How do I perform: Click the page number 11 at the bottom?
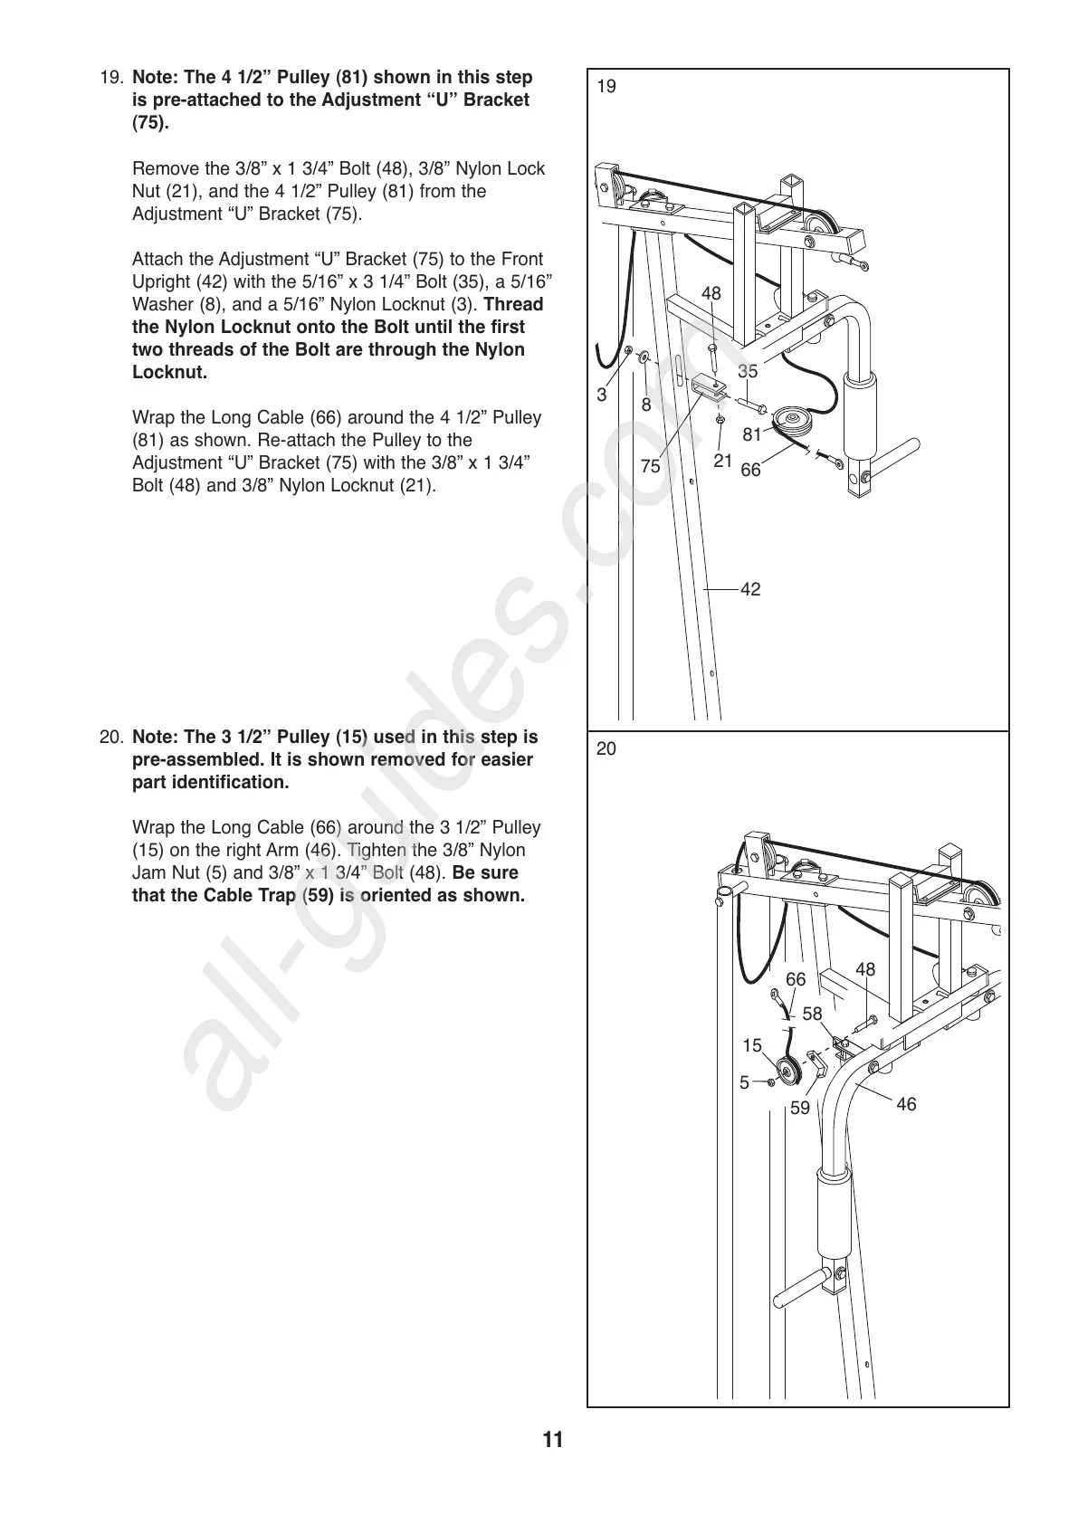click(x=553, y=1440)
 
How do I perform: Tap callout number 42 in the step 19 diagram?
click(x=750, y=589)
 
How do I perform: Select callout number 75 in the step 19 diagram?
click(x=650, y=466)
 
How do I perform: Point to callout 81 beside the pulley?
click(x=752, y=434)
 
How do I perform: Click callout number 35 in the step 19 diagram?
click(x=747, y=371)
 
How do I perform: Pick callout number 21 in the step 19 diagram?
click(x=722, y=460)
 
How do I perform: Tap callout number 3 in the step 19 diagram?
click(x=601, y=395)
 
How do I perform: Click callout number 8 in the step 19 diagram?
click(x=646, y=405)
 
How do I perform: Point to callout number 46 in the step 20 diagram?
click(x=906, y=1104)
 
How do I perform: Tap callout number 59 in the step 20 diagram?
click(x=800, y=1108)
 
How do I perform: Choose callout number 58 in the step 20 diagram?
click(x=812, y=1014)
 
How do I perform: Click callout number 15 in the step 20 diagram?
click(x=752, y=1046)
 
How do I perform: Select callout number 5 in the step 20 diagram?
click(x=744, y=1082)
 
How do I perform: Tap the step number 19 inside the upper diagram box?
click(x=607, y=87)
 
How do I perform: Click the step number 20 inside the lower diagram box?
click(x=607, y=748)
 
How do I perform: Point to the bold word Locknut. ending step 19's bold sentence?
click(x=170, y=372)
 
